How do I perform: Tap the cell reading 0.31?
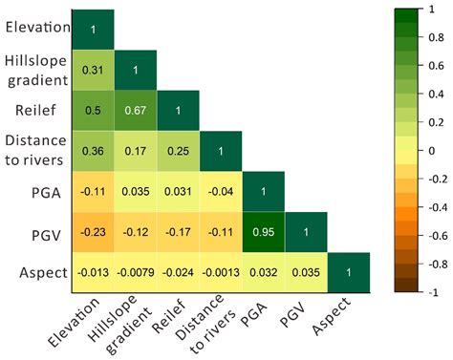click(93, 70)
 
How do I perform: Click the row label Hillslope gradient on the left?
click(36, 70)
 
